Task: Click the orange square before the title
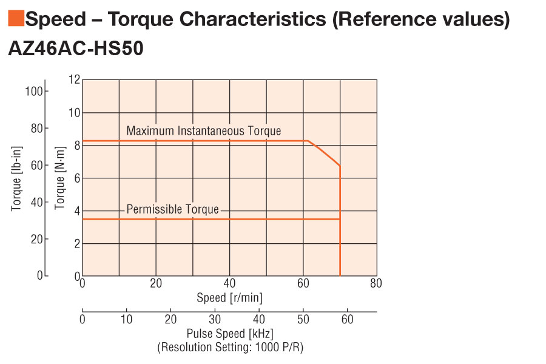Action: (x=16, y=19)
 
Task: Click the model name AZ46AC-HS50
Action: (x=76, y=49)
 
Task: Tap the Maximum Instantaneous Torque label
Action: (x=204, y=131)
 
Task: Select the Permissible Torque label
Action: (x=172, y=209)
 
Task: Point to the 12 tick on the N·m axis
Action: (x=74, y=79)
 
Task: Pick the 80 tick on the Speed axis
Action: (x=376, y=283)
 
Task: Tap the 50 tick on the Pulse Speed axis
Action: (x=303, y=320)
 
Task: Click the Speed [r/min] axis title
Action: (x=229, y=298)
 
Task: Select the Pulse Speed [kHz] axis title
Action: (x=229, y=334)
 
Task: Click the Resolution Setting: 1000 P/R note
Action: (x=229, y=348)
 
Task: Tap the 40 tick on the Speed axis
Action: (x=229, y=283)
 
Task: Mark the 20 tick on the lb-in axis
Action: (x=36, y=239)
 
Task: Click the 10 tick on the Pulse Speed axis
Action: (x=127, y=320)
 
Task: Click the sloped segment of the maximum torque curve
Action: (x=325, y=153)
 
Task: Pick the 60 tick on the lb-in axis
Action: (x=36, y=165)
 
